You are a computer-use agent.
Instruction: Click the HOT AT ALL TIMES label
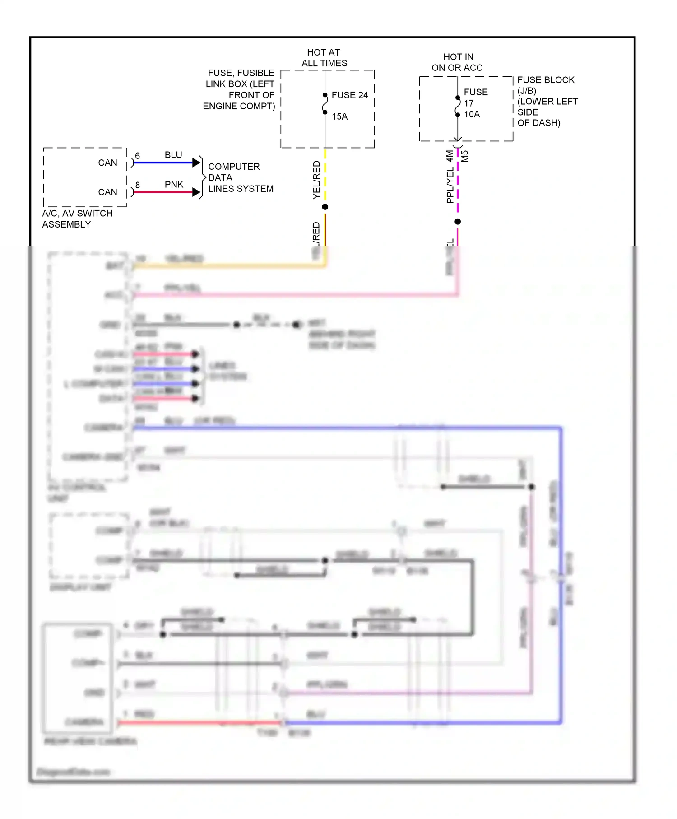coord(324,58)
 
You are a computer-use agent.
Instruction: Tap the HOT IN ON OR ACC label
coord(457,62)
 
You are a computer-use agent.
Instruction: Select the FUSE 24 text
coord(349,95)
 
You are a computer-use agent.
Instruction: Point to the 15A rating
coord(339,116)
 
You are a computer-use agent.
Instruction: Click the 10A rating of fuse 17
coord(472,115)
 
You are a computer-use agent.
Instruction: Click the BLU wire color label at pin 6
coord(173,155)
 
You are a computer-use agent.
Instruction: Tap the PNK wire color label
coord(174,185)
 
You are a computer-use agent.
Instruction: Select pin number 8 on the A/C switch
coord(138,185)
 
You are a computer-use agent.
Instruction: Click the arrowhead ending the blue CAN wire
coord(196,163)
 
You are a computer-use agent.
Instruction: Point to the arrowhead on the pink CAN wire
coord(196,192)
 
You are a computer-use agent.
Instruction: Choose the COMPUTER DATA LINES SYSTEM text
coord(240,178)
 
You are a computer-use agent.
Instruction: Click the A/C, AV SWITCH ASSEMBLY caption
coord(77,219)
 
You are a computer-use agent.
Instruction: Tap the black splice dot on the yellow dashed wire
coord(325,207)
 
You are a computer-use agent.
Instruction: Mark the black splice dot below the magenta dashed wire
coord(458,222)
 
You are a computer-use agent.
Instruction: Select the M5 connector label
coord(465,156)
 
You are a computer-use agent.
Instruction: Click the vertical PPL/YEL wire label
coord(450,185)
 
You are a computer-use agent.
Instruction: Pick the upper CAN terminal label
coord(107,163)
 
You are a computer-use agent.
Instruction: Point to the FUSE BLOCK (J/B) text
coord(546,85)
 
